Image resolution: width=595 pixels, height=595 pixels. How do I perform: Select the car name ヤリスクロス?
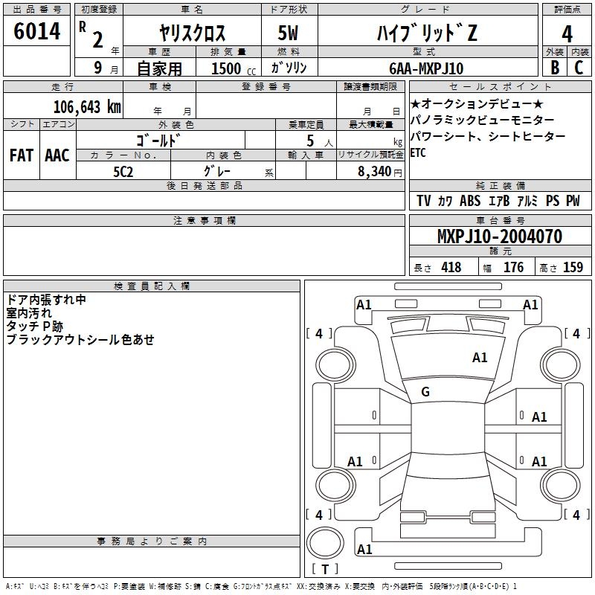click(193, 33)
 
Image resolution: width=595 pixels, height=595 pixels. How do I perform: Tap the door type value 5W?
click(289, 33)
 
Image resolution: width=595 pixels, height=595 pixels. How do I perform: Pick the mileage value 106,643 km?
click(86, 106)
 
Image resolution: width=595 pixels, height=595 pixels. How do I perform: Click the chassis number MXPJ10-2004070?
click(499, 237)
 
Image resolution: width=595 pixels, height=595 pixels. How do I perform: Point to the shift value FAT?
click(22, 155)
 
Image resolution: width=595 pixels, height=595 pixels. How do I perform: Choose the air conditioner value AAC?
click(57, 155)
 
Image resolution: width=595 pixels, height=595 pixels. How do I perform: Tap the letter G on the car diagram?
click(425, 392)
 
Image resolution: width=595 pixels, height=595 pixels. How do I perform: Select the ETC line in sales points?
click(419, 153)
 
